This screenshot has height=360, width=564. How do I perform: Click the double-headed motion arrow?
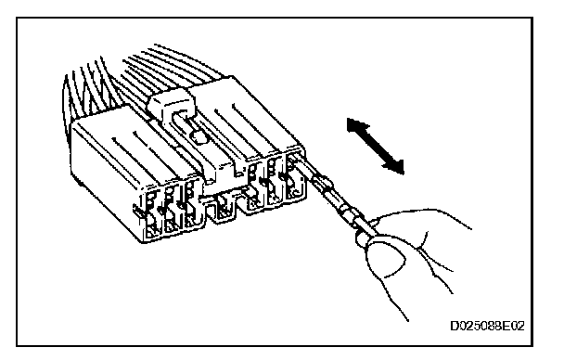(x=375, y=146)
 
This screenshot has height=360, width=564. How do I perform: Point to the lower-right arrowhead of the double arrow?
(x=395, y=166)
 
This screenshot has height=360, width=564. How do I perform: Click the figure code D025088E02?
(x=487, y=327)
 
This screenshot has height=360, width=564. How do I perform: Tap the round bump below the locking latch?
(x=199, y=136)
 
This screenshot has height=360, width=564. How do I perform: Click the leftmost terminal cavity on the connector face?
(x=153, y=216)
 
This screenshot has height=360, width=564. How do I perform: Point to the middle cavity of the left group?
(x=172, y=212)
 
